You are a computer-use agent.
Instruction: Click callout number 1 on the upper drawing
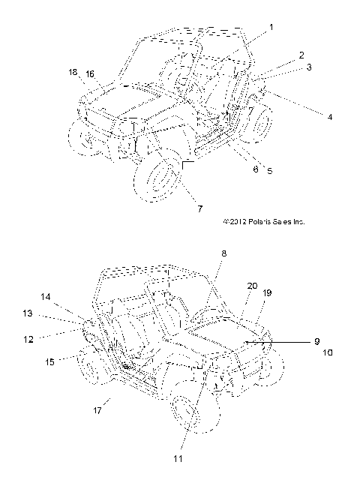271,28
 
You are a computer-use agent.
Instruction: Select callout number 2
301,55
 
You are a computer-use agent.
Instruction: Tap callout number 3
309,67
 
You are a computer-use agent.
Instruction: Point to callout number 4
330,117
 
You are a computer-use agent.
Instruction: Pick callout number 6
256,169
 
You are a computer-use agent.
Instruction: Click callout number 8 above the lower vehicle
224,253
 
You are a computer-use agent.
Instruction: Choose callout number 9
317,341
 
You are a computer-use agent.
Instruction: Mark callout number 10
328,352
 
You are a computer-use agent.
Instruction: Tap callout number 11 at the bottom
178,458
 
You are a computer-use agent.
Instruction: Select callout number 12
28,339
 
